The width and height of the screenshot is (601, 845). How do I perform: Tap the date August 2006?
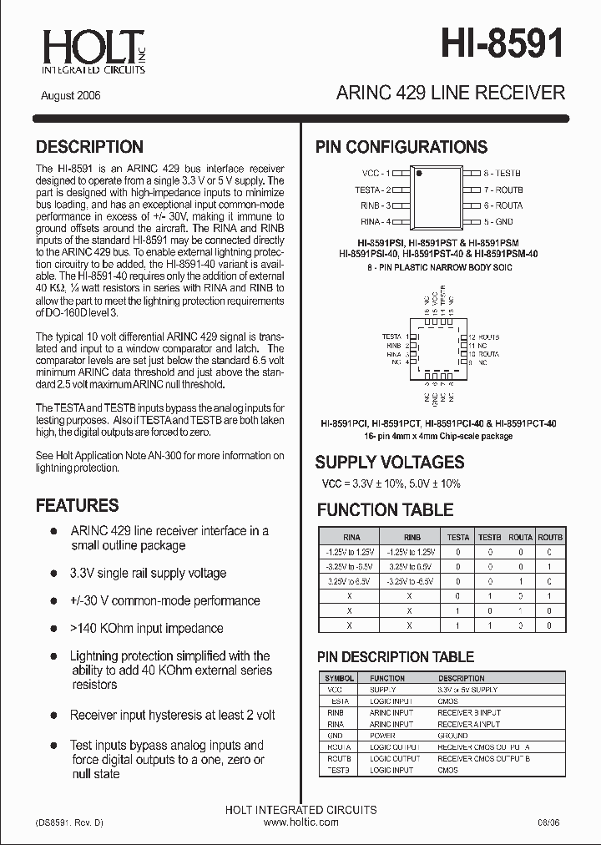coord(71,95)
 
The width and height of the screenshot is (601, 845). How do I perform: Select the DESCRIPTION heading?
coord(89,147)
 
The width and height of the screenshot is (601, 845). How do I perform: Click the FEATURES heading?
coord(77,505)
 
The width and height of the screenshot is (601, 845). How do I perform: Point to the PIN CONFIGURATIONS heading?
coord(401,147)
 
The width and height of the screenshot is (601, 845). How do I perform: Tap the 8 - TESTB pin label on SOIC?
coord(503,174)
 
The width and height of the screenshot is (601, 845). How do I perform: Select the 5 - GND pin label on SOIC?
coord(498,221)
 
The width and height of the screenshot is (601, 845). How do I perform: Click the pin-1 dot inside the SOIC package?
coord(420,175)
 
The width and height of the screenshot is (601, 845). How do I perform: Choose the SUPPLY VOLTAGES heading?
coord(389,462)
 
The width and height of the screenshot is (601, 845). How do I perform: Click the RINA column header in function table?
coord(351,538)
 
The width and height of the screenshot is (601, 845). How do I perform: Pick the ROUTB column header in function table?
coord(550,538)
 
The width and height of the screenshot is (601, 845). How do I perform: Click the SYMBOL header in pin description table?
coord(339,678)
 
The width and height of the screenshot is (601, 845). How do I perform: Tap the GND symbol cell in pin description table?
coord(335,736)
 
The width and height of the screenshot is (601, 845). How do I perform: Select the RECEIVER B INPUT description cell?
coord(468,713)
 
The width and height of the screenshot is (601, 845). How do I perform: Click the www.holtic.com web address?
coord(300,822)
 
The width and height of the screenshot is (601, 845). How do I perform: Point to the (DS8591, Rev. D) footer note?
coord(70,822)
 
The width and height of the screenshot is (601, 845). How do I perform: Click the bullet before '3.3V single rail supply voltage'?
coord(54,573)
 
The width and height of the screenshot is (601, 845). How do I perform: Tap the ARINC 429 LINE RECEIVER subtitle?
coord(450,93)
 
